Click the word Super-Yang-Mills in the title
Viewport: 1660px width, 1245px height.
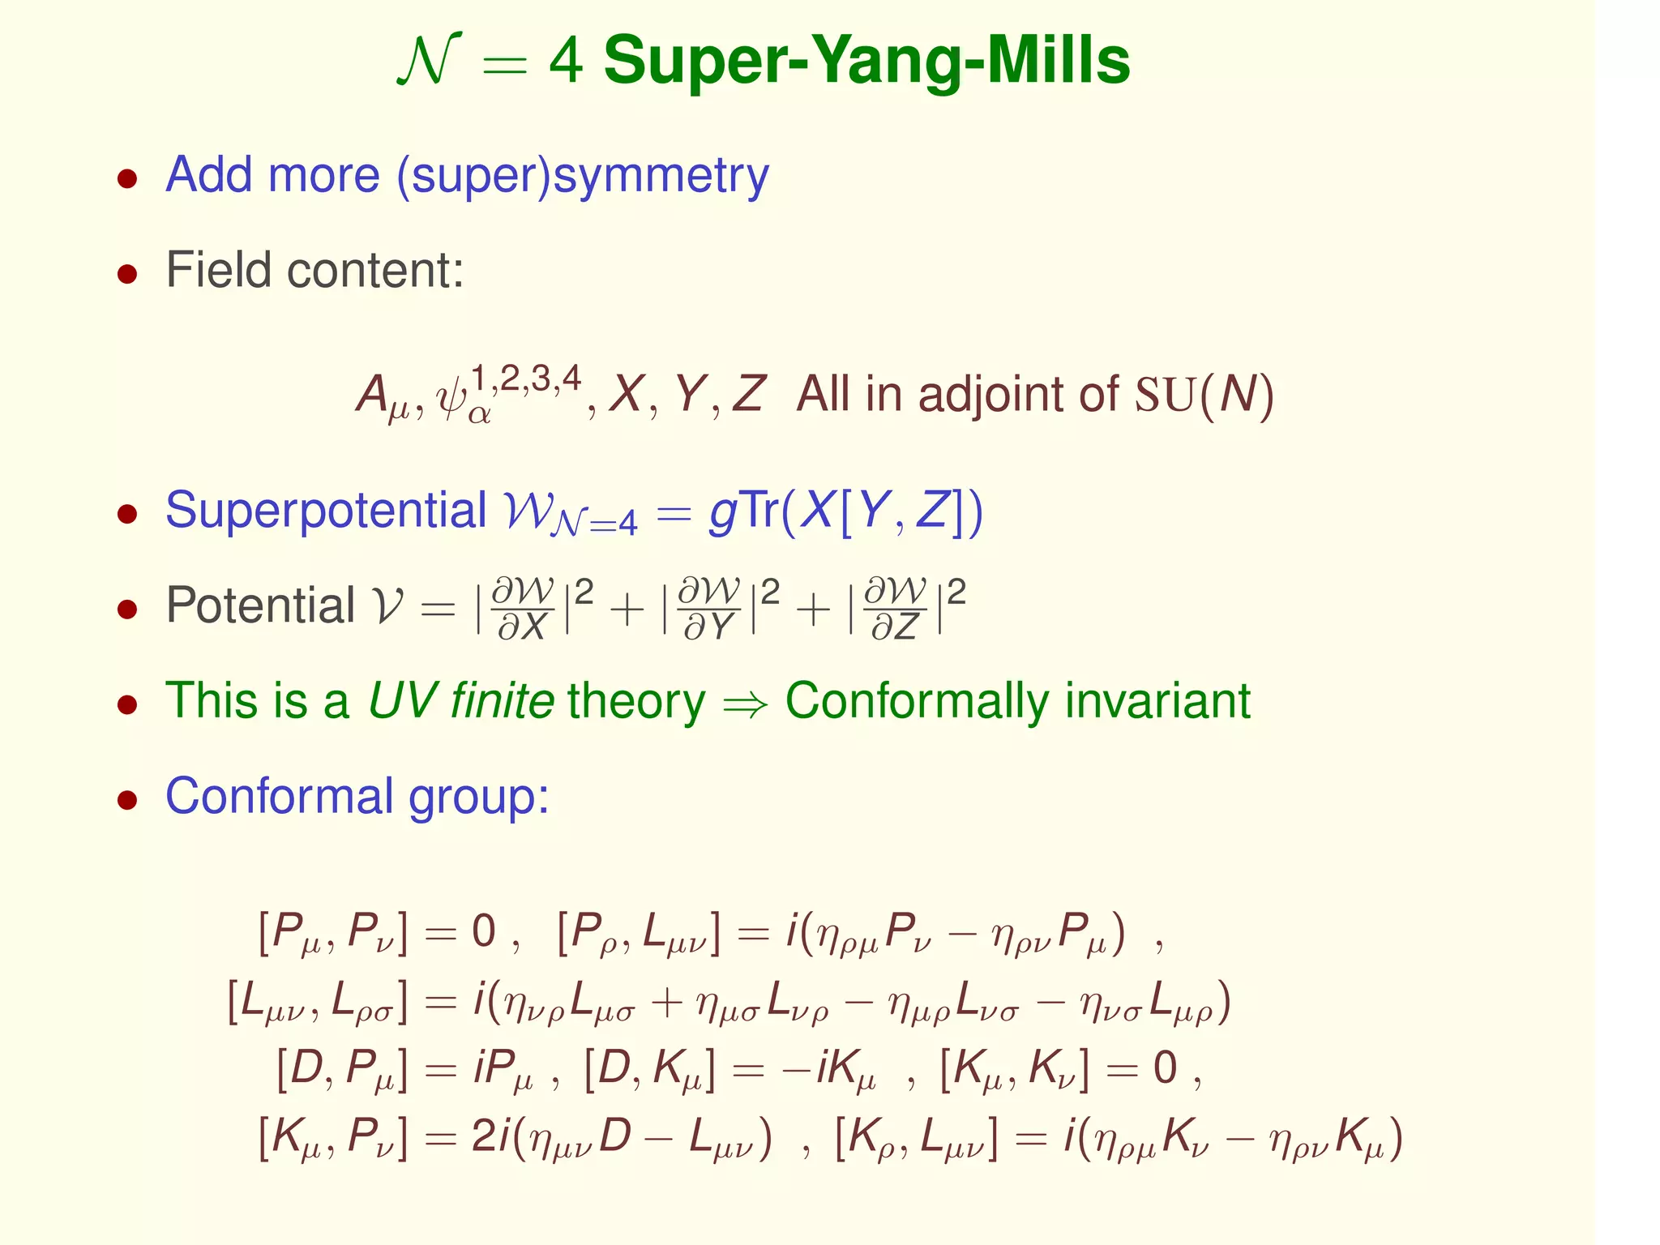tap(866, 62)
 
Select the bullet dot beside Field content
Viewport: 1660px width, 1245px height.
tap(126, 274)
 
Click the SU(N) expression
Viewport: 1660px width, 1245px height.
tap(1204, 396)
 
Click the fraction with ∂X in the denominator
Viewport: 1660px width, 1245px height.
tap(524, 608)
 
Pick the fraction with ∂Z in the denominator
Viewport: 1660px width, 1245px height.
tap(896, 608)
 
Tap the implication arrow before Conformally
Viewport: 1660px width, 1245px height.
tap(745, 704)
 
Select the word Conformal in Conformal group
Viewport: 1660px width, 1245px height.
tap(279, 796)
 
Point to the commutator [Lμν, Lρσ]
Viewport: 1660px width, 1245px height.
tap(317, 1003)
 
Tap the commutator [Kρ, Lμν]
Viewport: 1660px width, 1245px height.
tap(916, 1139)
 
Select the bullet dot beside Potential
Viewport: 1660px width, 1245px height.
tap(126, 609)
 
